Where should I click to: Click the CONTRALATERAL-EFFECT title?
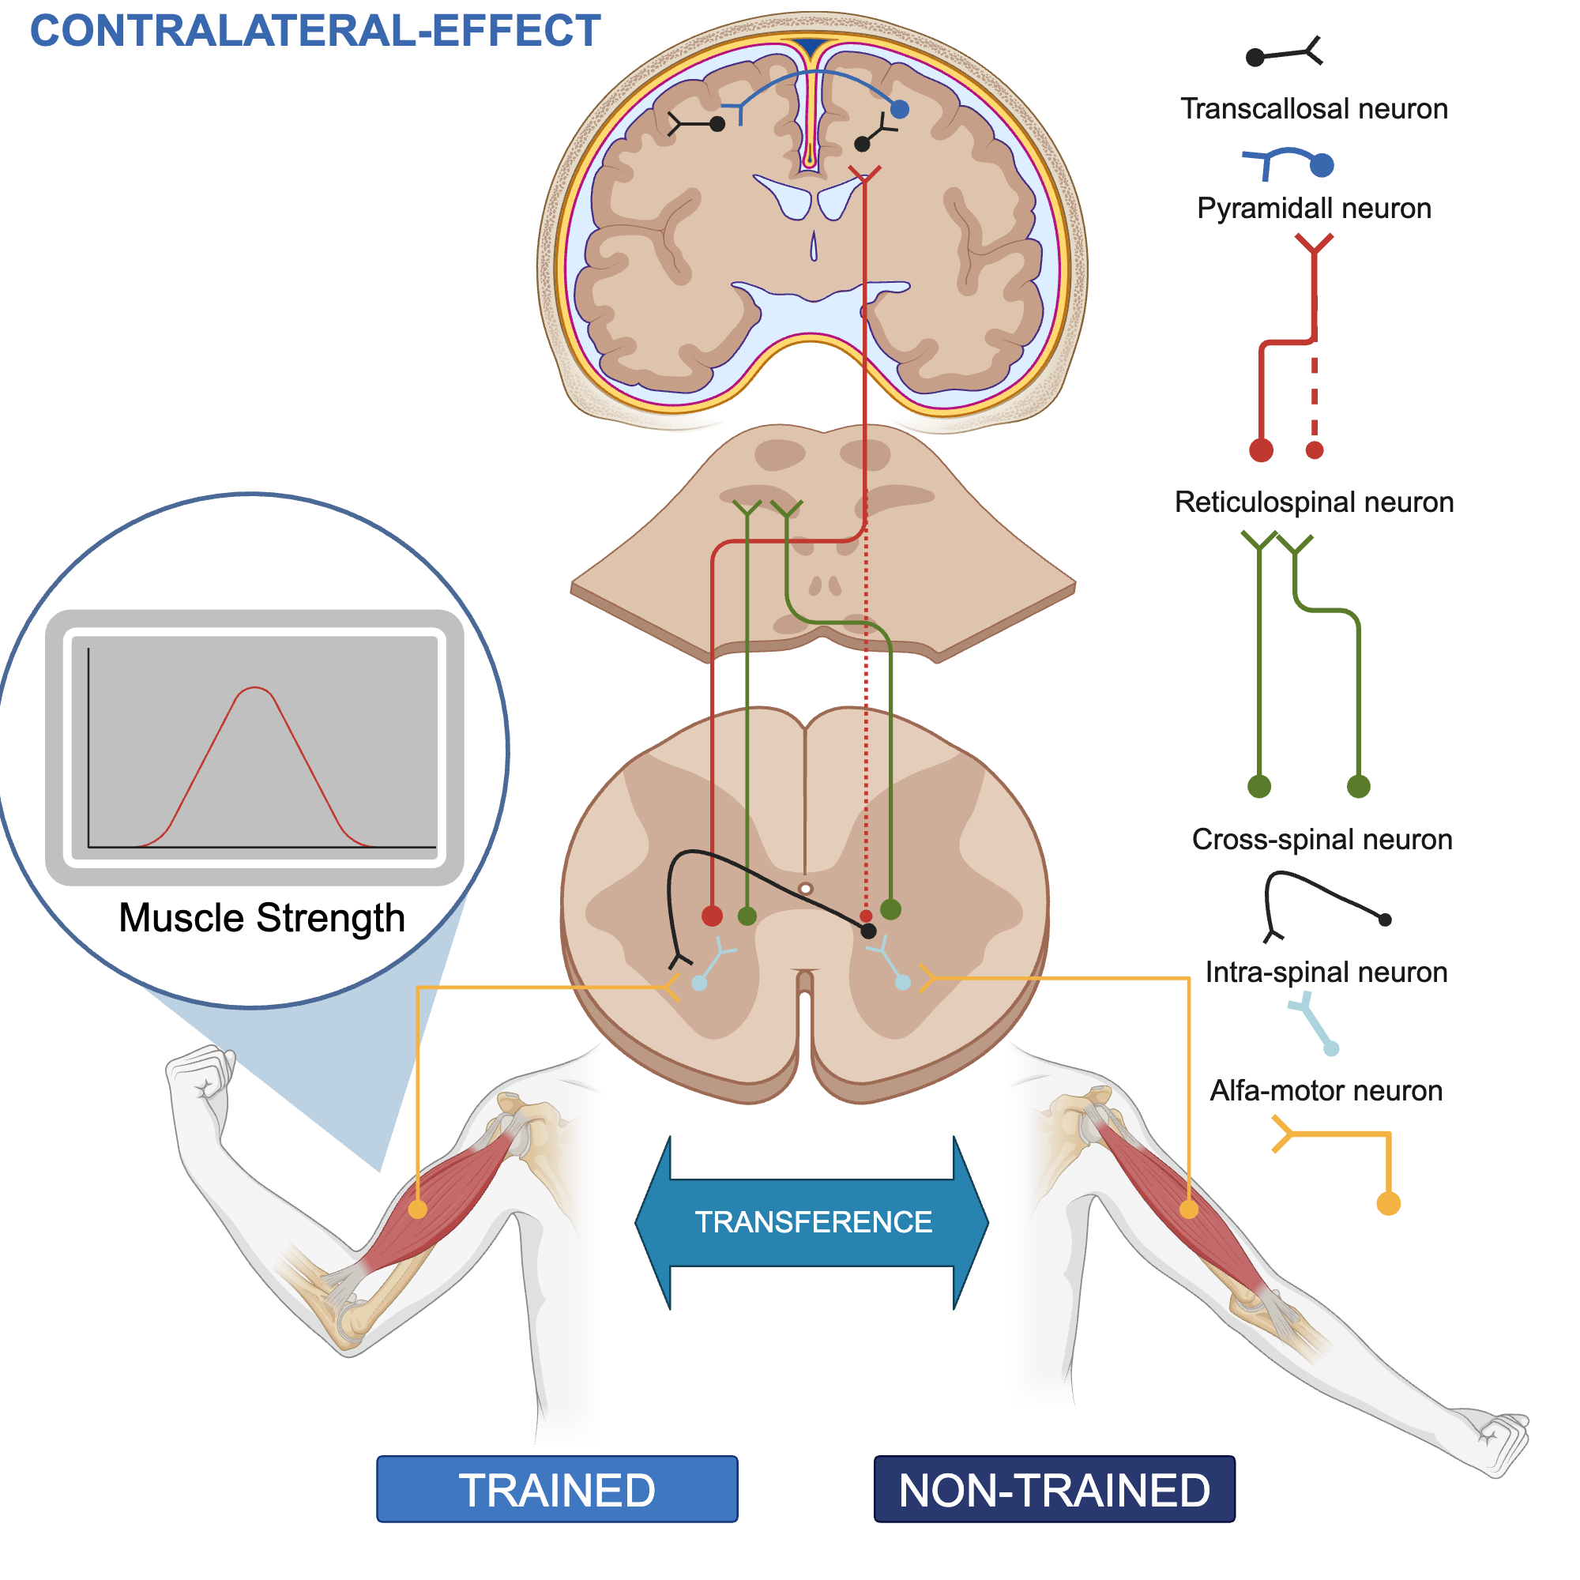pos(315,31)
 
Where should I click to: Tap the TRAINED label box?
pos(557,1489)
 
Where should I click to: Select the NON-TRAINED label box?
pos(1054,1489)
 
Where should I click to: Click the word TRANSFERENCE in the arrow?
pos(813,1222)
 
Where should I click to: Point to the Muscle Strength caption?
pos(261,917)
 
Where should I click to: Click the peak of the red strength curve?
pos(255,689)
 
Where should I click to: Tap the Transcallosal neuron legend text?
pos(1314,109)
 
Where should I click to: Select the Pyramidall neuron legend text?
pos(1314,209)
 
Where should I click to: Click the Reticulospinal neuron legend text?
pos(1314,502)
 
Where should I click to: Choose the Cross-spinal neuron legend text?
pos(1322,839)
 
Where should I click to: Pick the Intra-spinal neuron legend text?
pos(1326,972)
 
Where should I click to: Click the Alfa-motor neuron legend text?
pos(1326,1091)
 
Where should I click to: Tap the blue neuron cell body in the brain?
pos(900,109)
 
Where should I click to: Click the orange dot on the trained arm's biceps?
pos(418,1209)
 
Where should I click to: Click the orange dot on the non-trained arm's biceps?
pos(1188,1209)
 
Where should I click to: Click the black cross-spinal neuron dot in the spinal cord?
pos(868,931)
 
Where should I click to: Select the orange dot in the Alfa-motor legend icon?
pos(1388,1204)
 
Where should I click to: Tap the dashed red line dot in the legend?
pos(1315,450)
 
